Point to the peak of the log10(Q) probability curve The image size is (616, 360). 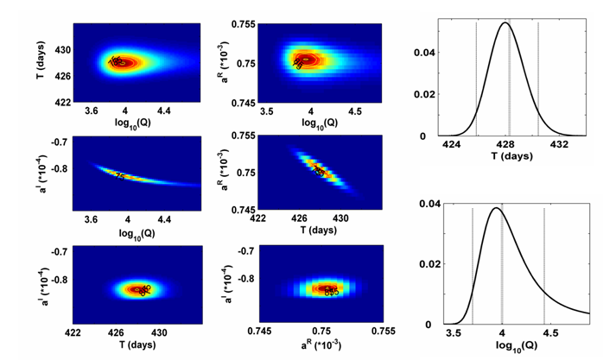click(495, 208)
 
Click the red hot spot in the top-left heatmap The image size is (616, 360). click(125, 62)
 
